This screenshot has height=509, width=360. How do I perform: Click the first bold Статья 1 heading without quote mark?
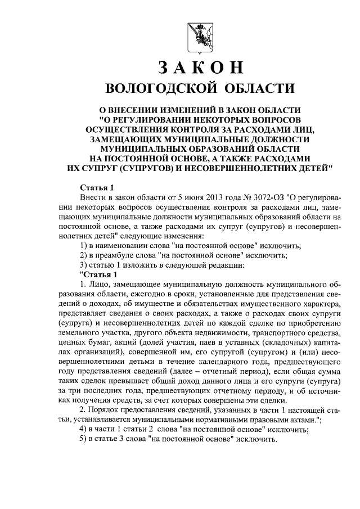click(x=97, y=187)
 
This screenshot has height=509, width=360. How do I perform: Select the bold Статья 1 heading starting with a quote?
click(x=99, y=274)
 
